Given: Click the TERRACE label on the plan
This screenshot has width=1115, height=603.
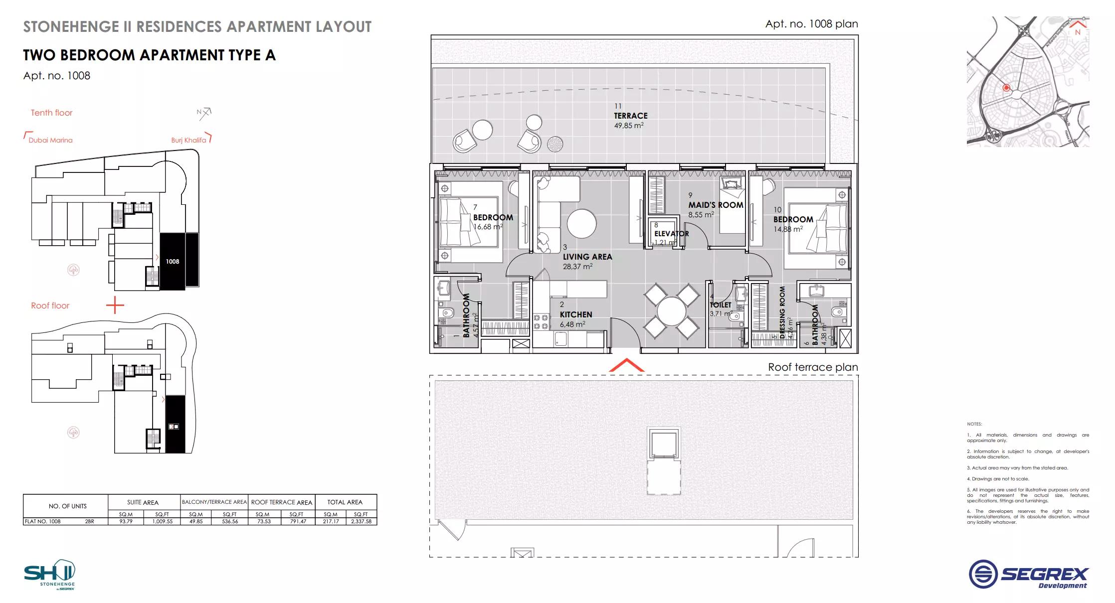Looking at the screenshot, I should click(x=630, y=116).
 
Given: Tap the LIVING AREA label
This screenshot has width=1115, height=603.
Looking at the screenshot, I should click(x=587, y=257).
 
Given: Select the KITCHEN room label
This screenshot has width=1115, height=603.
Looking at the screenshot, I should click(x=575, y=314).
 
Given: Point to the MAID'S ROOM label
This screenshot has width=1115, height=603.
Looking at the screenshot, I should click(x=716, y=205).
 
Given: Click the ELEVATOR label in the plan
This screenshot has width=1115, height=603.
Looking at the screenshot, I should click(x=671, y=234).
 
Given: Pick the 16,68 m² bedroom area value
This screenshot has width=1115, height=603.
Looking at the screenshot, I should click(x=487, y=227).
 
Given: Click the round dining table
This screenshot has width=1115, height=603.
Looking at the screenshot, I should click(x=671, y=312).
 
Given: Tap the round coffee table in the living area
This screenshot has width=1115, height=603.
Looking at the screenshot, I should click(x=581, y=224).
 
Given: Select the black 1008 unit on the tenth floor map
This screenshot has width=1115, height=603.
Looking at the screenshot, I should click(x=172, y=261).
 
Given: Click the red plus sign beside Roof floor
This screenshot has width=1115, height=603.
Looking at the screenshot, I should click(x=115, y=305).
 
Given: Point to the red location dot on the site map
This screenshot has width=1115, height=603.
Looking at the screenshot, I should click(x=1006, y=88).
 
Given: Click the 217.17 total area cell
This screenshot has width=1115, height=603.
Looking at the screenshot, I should click(x=331, y=521).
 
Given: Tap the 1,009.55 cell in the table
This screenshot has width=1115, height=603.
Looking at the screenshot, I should click(x=163, y=521).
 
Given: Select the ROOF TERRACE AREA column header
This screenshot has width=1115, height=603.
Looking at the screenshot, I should click(x=282, y=502).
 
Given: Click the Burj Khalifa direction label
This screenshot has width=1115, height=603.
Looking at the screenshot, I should click(x=188, y=140).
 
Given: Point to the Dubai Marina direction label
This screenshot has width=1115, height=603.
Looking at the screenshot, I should click(x=50, y=140).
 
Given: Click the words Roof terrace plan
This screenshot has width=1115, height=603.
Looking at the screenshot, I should click(x=812, y=367).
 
